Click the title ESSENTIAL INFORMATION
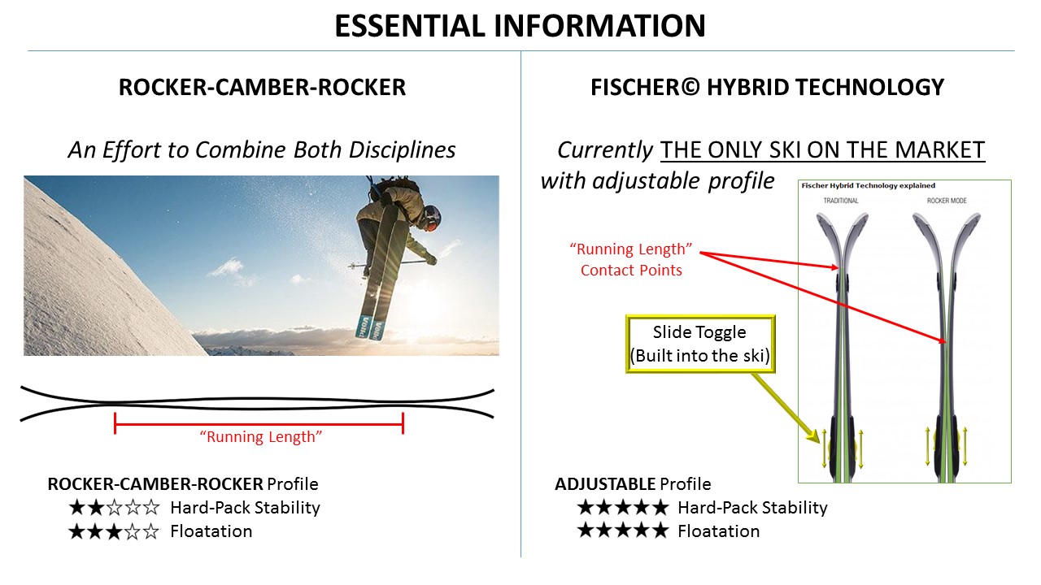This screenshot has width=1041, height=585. tap(520, 25)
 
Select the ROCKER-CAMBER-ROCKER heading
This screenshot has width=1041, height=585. tap(262, 87)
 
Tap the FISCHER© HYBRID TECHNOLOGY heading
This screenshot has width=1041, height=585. tap(767, 87)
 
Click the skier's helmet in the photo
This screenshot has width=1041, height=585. tap(432, 217)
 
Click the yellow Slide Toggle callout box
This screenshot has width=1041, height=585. tap(700, 344)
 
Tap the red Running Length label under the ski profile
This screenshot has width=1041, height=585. tap(261, 437)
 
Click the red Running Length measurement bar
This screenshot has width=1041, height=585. tap(259, 424)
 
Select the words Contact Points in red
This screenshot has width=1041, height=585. tap(631, 271)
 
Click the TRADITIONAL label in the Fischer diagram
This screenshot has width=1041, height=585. tap(841, 201)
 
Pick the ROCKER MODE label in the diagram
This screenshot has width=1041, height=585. tap(947, 201)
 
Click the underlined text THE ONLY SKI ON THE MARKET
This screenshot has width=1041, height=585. tap(822, 150)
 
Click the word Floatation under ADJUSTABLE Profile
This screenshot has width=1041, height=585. tap(718, 531)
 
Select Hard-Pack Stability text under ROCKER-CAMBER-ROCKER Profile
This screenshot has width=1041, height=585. tap(246, 508)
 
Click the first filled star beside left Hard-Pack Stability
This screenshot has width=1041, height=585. tap(76, 508)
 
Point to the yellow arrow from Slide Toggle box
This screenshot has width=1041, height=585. tap(786, 409)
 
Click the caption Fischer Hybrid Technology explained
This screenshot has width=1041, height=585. tap(868, 186)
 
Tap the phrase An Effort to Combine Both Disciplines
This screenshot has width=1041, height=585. tap(262, 150)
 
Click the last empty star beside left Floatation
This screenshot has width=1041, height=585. tap(151, 531)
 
